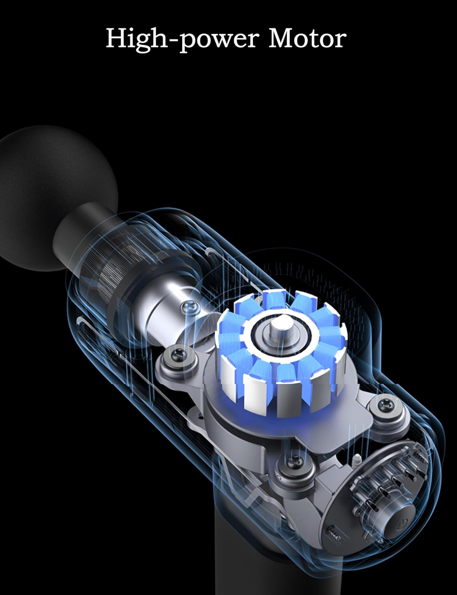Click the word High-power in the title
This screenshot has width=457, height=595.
click(x=181, y=39)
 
